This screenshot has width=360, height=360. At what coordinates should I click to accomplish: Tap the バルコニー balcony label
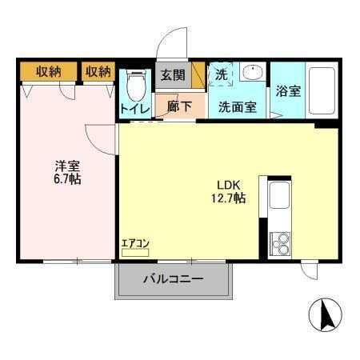(x=174, y=279)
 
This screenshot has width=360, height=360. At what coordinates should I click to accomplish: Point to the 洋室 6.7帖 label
(x=66, y=172)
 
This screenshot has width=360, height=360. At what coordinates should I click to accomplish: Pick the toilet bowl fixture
(x=136, y=83)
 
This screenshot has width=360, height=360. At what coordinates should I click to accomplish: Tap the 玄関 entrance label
(x=172, y=76)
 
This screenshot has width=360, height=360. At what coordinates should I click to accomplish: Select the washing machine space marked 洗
(x=221, y=74)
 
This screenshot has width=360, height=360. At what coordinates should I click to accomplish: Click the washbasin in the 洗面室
(x=252, y=72)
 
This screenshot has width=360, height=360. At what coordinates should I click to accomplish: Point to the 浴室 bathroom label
(x=288, y=90)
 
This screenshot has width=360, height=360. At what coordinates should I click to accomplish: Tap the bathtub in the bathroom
(x=322, y=90)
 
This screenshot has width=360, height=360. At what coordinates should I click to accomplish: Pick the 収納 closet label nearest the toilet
(x=98, y=72)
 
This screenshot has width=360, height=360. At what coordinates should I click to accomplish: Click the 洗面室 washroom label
(x=238, y=106)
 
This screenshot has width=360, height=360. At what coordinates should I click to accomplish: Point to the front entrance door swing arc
(x=170, y=46)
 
